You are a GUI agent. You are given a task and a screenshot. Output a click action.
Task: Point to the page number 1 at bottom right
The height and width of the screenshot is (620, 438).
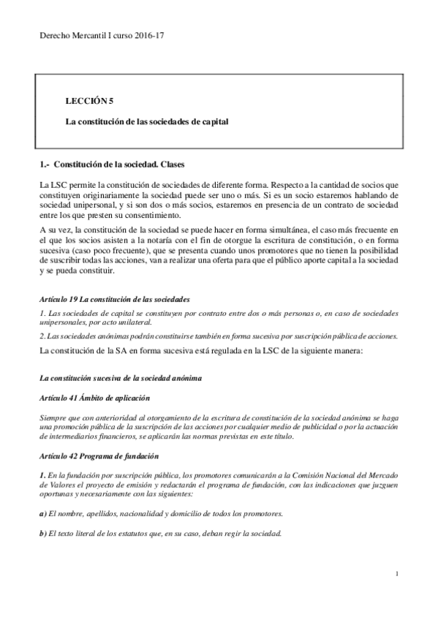point(396,575)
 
